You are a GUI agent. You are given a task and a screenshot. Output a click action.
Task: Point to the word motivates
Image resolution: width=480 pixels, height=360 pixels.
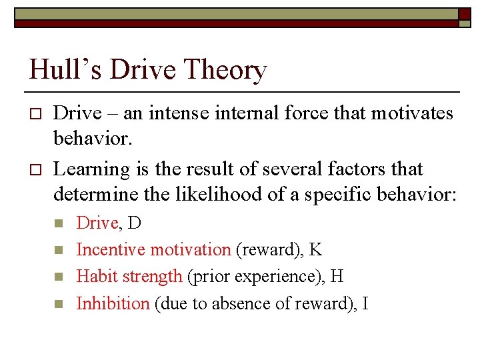(x=413, y=113)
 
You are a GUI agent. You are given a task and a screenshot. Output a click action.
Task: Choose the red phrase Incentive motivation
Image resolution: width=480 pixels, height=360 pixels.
(x=153, y=249)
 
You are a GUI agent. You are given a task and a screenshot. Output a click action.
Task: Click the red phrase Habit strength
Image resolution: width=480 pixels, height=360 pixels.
(x=129, y=276)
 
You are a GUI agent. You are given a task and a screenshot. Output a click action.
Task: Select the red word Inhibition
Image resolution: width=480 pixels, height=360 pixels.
(x=113, y=303)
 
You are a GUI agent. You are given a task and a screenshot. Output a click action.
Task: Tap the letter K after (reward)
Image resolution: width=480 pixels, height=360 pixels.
(x=316, y=249)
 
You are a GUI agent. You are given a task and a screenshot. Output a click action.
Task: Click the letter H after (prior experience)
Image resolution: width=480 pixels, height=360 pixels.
(x=337, y=276)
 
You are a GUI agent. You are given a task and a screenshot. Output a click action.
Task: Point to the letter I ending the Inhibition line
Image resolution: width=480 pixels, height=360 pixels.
(x=365, y=303)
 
